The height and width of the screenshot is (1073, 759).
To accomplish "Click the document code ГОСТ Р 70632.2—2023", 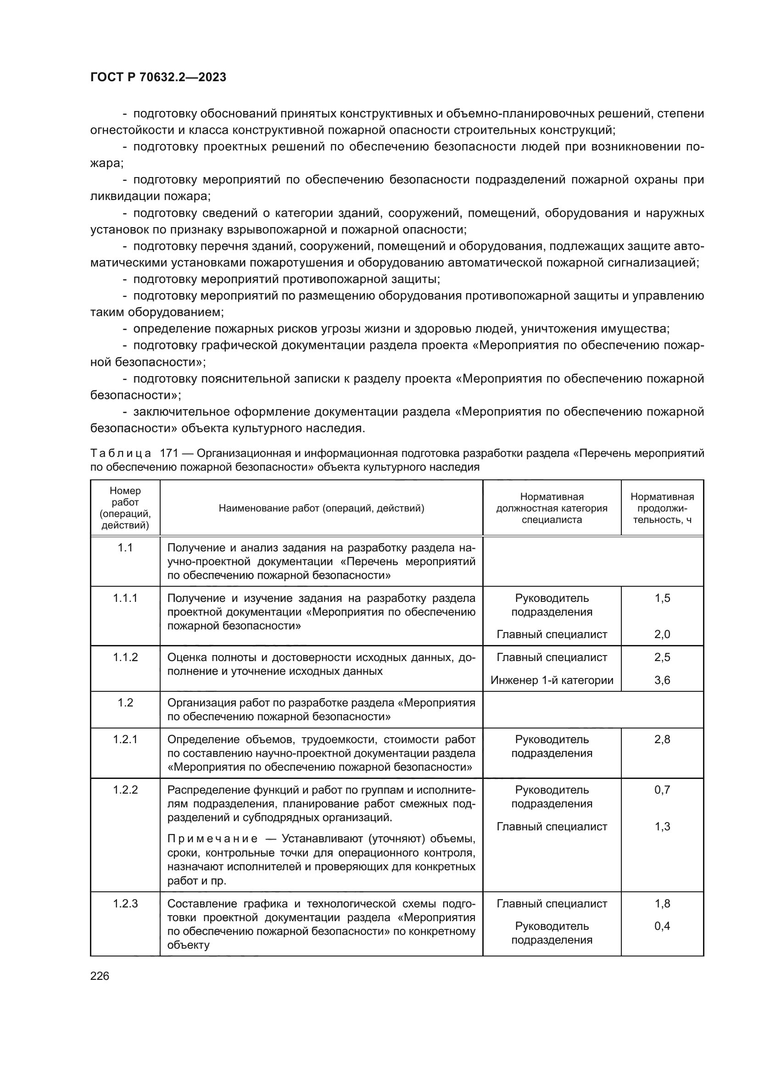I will point(158,77).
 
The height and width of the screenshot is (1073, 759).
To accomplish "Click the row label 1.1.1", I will point(125,598).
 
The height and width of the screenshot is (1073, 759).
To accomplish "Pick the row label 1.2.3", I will point(125,903).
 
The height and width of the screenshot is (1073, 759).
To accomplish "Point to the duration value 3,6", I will point(662,680).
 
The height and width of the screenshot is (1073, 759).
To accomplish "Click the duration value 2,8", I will point(662,739).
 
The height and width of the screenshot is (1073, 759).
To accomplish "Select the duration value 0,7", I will point(662,790).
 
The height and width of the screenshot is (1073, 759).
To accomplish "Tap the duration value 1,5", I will point(662,598).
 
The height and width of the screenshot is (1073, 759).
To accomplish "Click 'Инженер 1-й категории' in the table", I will point(552,680).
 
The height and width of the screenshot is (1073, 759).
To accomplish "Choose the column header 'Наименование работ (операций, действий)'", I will point(321,508).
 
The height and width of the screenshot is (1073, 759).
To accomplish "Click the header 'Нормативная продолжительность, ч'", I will point(662,508).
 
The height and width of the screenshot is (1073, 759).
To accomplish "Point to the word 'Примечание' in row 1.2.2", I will point(212,839).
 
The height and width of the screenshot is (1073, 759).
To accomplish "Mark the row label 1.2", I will point(125,703).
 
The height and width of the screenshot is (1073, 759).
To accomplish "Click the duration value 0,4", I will point(662,926).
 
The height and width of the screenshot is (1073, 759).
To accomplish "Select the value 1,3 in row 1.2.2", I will point(662,826).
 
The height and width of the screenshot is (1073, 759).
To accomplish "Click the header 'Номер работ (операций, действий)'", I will point(125,508).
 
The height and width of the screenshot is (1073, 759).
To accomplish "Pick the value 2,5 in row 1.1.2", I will point(662,657).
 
